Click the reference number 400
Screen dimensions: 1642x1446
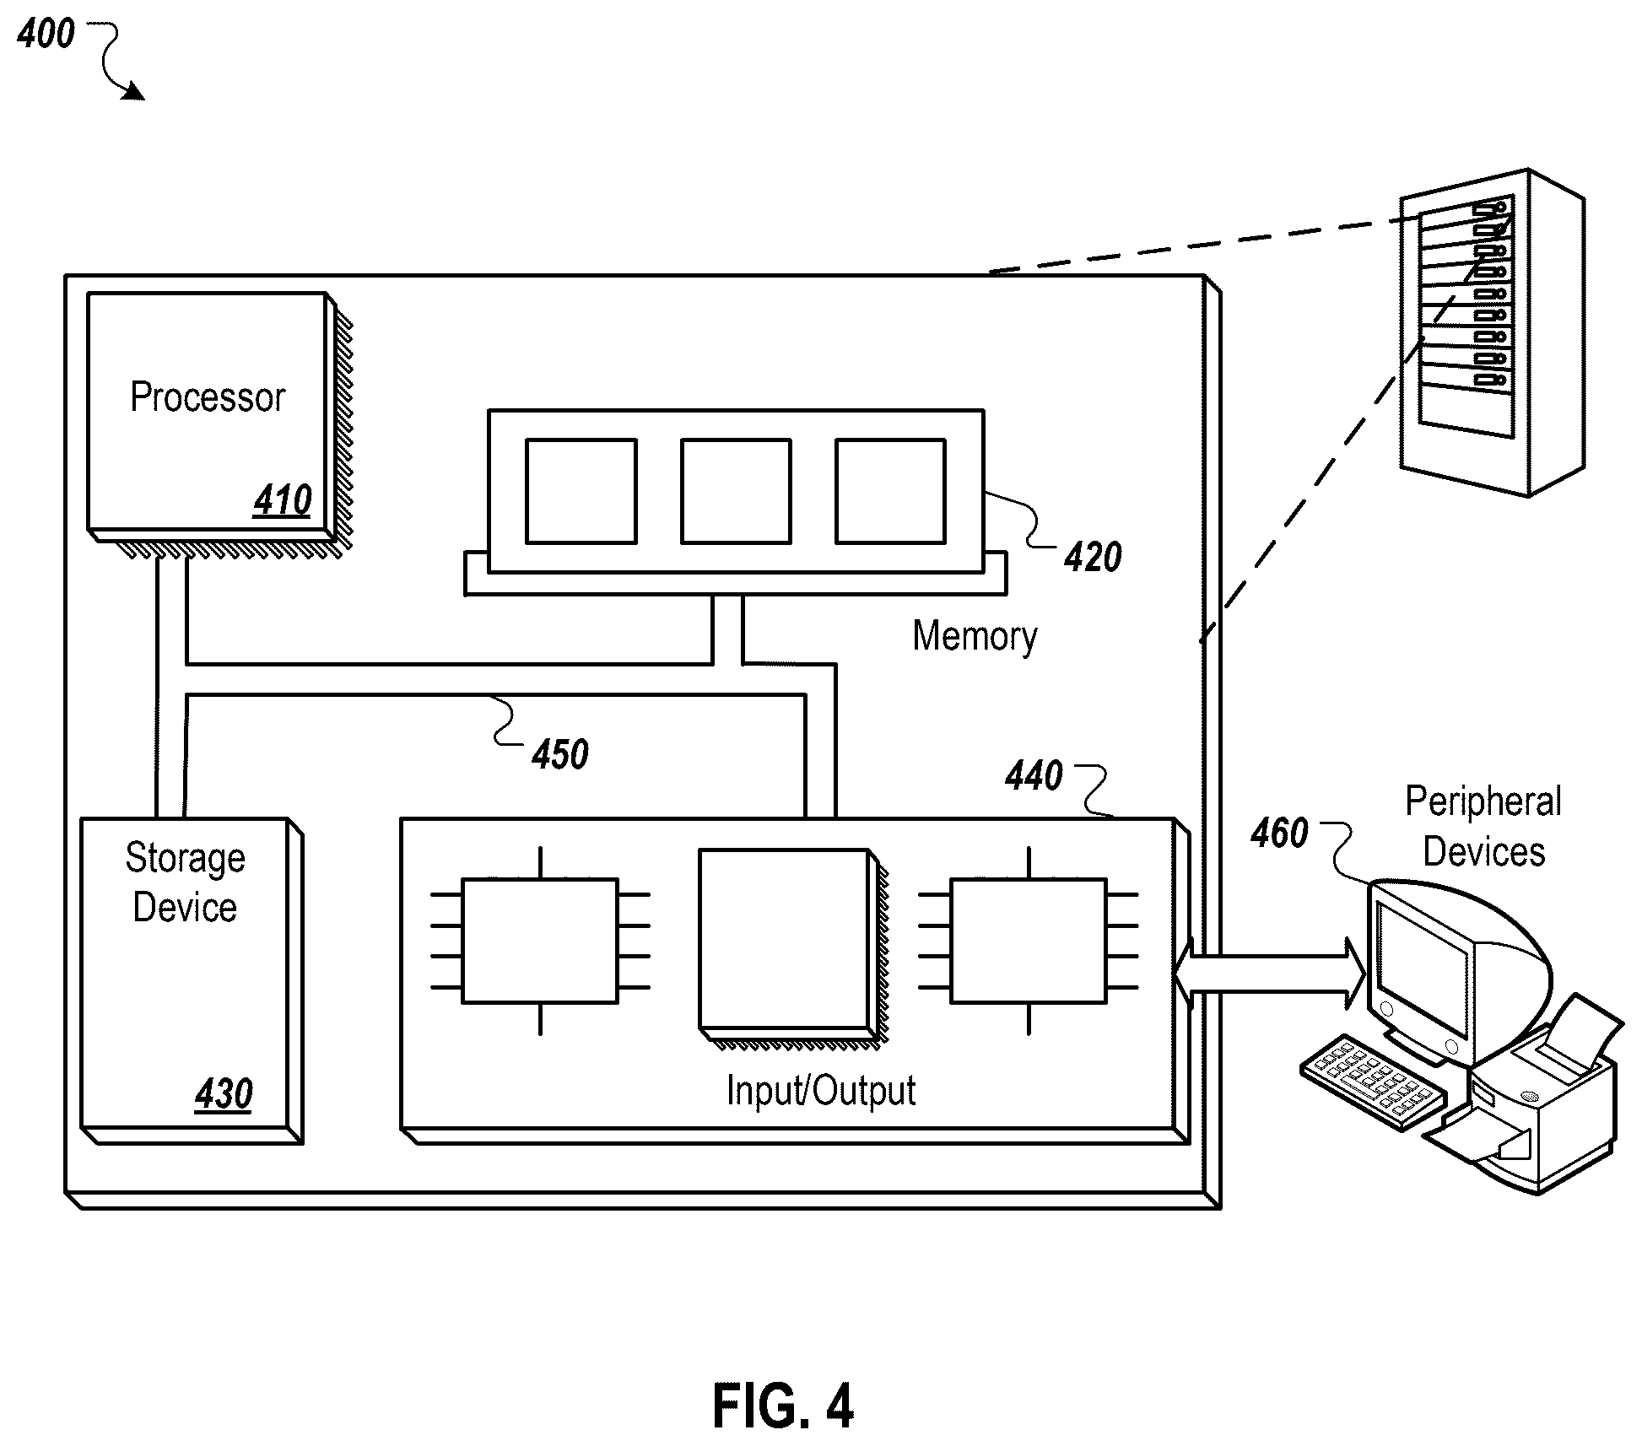pyautogui.click(x=46, y=34)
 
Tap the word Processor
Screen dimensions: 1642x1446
pyautogui.click(x=208, y=397)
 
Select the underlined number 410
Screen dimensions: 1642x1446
pyautogui.click(x=283, y=500)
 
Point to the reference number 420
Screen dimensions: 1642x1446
pyautogui.click(x=1093, y=558)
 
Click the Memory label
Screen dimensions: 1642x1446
pyautogui.click(x=975, y=636)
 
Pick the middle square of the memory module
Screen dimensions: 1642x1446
pyautogui.click(x=736, y=491)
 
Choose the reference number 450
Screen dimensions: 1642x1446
pyautogui.click(x=560, y=754)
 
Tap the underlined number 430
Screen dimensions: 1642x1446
pyautogui.click(x=224, y=1094)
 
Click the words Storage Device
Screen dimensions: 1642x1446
pyautogui.click(x=186, y=882)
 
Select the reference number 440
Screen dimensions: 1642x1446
pyautogui.click(x=1034, y=775)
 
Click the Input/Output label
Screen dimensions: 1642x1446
pyautogui.click(x=821, y=1090)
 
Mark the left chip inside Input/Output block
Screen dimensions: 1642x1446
pyautogui.click(x=540, y=941)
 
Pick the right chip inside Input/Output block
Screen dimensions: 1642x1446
pyautogui.click(x=1029, y=941)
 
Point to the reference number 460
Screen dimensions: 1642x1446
pyautogui.click(x=1279, y=834)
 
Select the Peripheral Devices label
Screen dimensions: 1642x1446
pyautogui.click(x=1483, y=827)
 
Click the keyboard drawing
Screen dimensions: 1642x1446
pyautogui.click(x=1373, y=1082)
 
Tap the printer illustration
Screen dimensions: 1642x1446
pyautogui.click(x=1527, y=1097)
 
